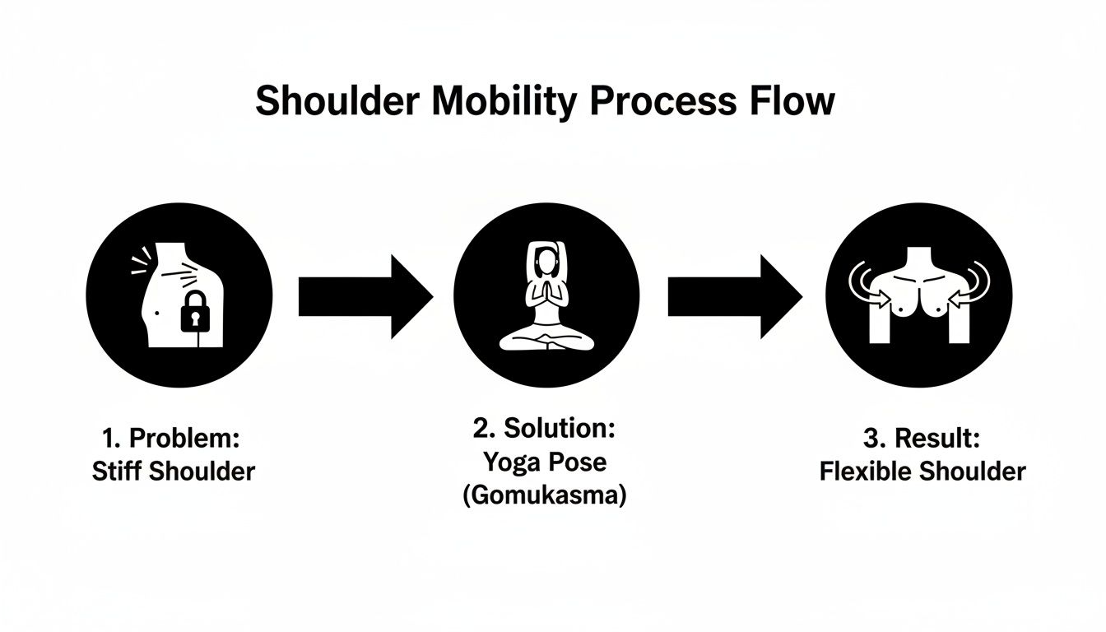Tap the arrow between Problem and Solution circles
365,296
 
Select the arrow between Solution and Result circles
734,296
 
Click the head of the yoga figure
546,263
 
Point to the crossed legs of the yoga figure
546,340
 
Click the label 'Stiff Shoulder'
174,472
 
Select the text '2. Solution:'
544,428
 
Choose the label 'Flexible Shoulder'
922,472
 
